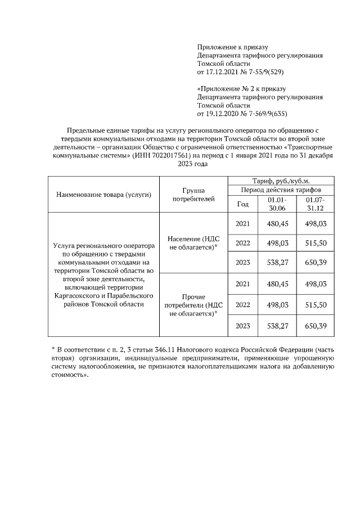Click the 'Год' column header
point(243,204)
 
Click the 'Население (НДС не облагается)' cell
point(193,244)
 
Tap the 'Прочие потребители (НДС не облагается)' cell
point(193,305)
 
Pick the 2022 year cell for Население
point(243,244)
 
